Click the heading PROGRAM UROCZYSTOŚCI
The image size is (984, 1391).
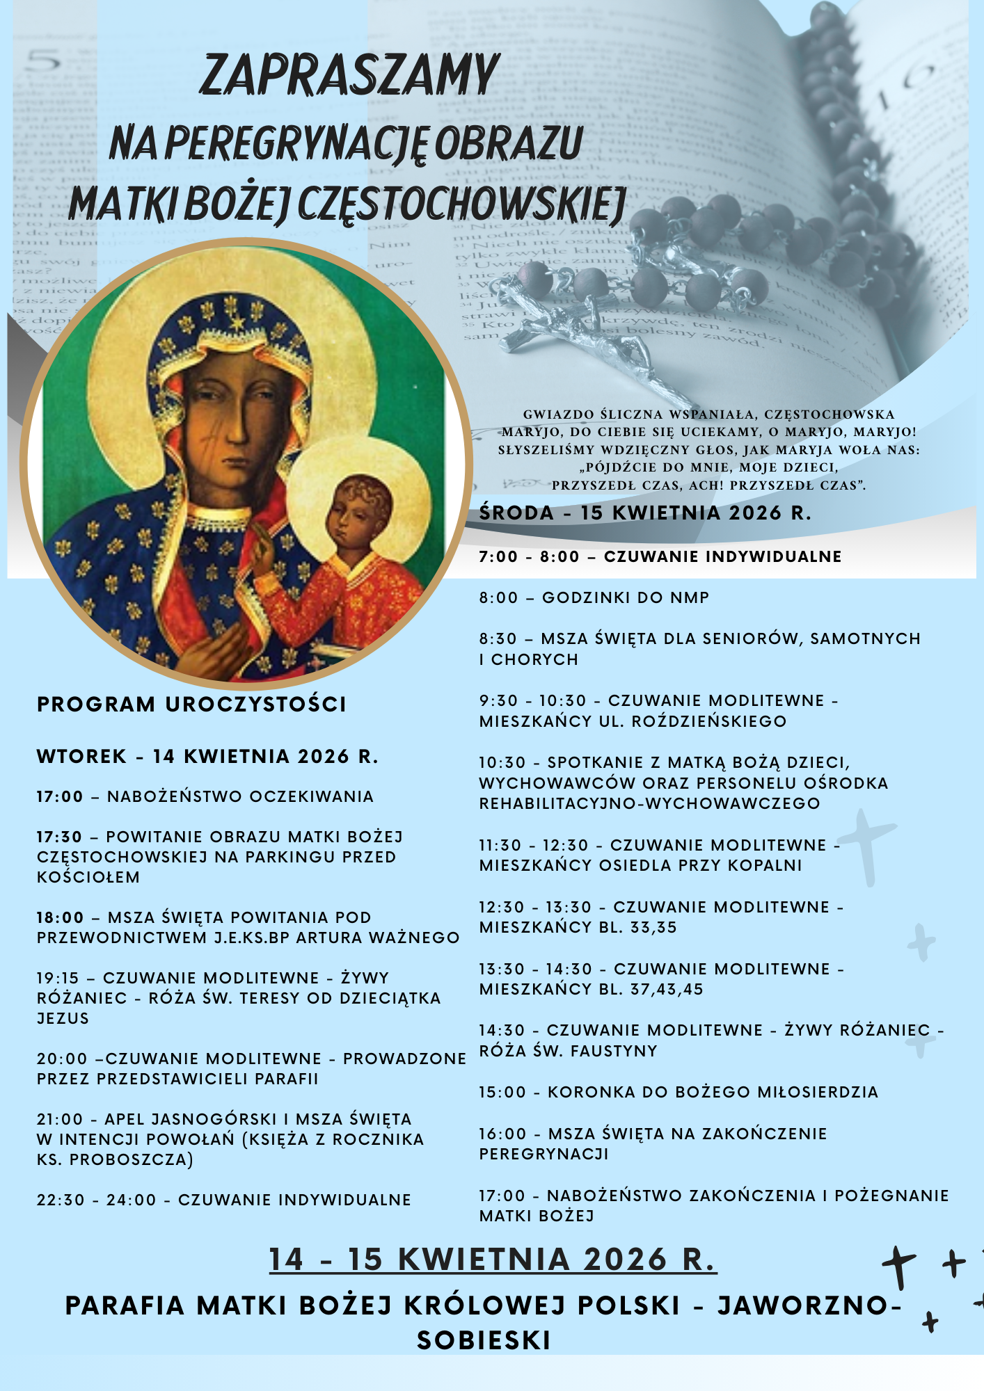click(191, 705)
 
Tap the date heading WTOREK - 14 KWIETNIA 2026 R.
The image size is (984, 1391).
click(207, 757)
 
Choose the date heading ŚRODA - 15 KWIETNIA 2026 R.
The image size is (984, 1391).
click(645, 513)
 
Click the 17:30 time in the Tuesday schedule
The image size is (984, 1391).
click(60, 837)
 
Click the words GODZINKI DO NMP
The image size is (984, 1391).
click(626, 598)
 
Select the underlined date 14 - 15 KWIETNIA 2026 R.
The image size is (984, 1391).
click(493, 1260)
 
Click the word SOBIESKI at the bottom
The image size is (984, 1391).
click(484, 1340)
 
